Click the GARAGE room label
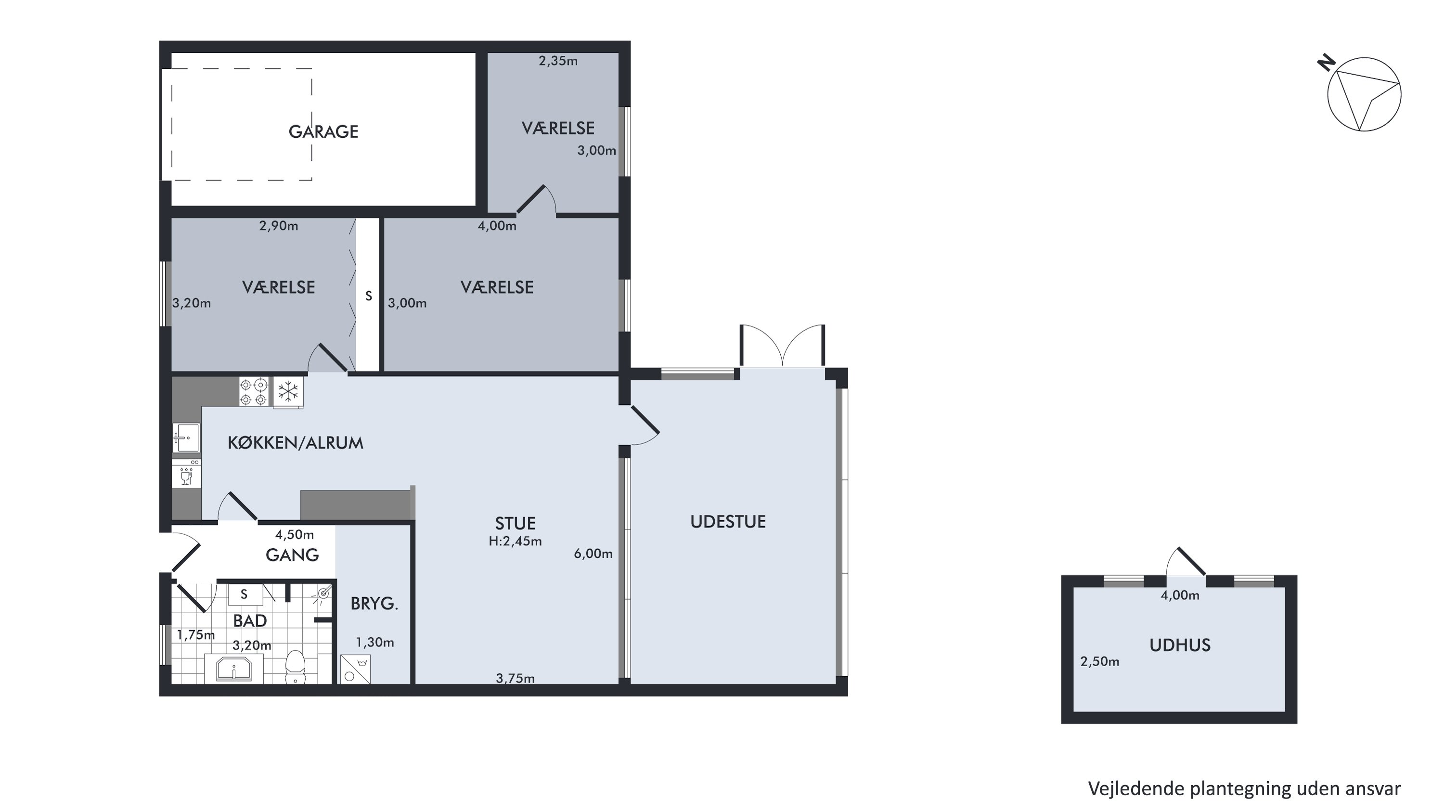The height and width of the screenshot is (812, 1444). click(x=323, y=132)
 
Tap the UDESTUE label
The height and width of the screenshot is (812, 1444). click(x=728, y=522)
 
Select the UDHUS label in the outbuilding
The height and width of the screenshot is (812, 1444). click(x=1180, y=645)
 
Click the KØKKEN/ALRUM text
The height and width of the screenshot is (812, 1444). click(x=296, y=443)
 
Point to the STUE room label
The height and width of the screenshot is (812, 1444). click(x=515, y=523)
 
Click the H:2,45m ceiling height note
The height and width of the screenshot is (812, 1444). click(x=515, y=541)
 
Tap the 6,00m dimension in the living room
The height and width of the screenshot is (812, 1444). click(x=593, y=554)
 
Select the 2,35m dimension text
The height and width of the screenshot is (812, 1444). click(x=558, y=61)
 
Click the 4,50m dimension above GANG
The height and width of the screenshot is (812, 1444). click(x=294, y=535)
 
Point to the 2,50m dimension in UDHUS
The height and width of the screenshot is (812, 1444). click(x=1100, y=661)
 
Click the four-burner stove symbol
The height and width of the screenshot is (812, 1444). click(x=254, y=392)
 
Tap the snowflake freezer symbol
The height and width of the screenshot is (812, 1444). click(x=288, y=392)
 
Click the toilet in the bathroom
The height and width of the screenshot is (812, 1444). click(x=295, y=667)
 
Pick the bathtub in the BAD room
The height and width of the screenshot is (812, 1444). click(x=234, y=669)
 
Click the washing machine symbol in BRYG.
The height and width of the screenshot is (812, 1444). click(x=355, y=670)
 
